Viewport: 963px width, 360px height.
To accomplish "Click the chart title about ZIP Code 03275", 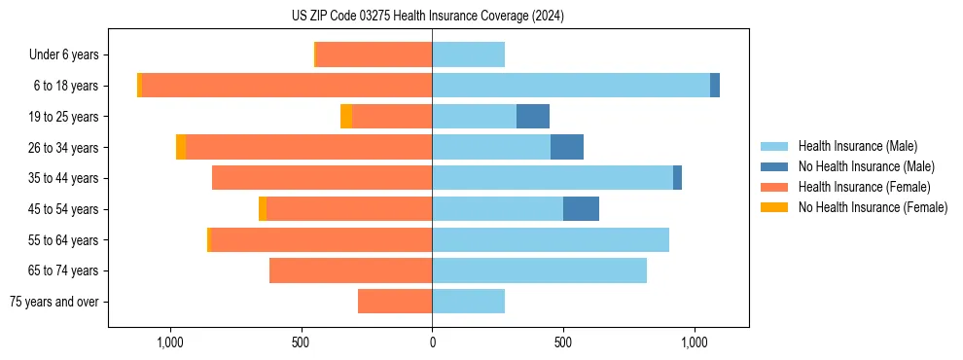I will coord(427,17).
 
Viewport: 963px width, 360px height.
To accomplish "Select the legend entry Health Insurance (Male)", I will coord(857,146).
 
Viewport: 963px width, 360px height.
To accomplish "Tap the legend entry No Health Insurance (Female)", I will coord(873,207).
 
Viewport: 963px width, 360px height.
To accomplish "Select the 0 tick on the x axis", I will coord(432,343).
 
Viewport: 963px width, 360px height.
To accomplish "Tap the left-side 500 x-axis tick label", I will coord(301,343).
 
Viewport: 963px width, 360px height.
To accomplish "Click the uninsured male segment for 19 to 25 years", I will coord(532,117).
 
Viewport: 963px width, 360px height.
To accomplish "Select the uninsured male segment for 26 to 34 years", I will coord(566,147).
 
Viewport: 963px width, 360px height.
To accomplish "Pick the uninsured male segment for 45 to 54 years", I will coord(581,209).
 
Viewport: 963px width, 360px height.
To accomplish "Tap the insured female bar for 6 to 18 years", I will coord(287,86).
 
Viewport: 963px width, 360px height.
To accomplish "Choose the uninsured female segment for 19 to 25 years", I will coord(346,117).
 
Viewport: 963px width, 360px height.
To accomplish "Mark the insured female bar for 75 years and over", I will coord(395,302).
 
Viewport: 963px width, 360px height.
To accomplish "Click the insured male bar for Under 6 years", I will coord(468,55).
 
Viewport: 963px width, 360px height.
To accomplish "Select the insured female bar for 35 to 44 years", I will coord(322,178).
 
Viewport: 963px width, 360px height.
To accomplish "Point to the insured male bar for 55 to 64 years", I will coord(551,239).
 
